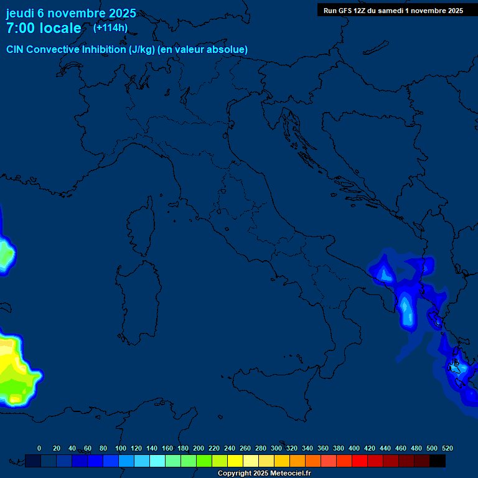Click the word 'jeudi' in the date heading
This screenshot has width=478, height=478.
20,13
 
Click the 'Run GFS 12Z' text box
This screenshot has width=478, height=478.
393,10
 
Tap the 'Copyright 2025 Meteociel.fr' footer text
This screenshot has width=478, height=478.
264,474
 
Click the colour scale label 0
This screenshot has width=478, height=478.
39,448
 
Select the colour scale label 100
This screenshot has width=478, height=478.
121,448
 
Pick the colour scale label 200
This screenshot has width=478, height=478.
199,448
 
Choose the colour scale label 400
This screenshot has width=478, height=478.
354,448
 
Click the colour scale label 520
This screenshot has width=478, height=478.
448,448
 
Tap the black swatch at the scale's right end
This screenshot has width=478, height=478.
438,461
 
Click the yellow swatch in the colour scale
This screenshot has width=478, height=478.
235,461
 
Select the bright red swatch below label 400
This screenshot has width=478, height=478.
360,461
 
